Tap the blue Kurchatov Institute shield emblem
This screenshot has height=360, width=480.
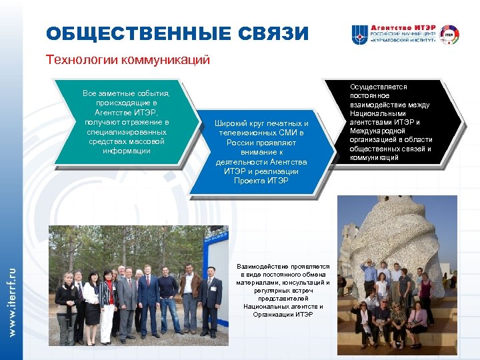coord(360,35)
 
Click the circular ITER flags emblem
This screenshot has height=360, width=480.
coord(448,34)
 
